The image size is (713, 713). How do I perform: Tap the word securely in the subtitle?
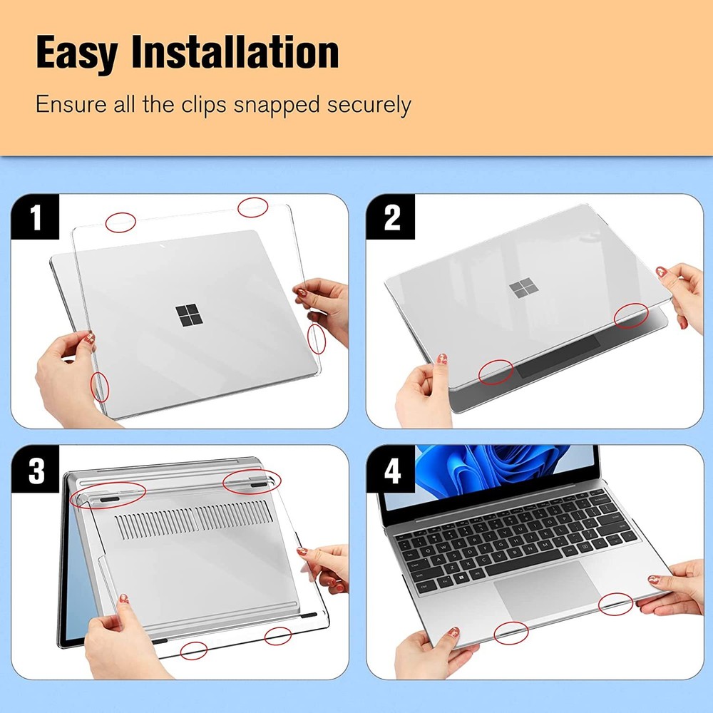[x=369, y=105]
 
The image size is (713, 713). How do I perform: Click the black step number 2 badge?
[x=391, y=219]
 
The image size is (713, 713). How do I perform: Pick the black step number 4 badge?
[x=391, y=471]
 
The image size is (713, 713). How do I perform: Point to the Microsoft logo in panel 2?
[x=523, y=289]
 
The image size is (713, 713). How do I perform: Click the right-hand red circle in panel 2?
[x=631, y=315]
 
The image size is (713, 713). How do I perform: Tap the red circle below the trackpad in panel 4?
[x=511, y=632]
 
